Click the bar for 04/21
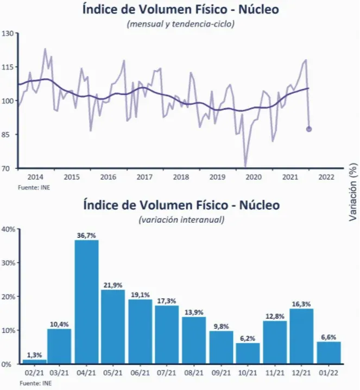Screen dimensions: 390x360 [86, 301]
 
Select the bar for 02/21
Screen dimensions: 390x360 [34, 361]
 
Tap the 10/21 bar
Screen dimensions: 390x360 [248, 353]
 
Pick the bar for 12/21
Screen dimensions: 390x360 [301, 336]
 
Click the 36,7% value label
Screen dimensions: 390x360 [86, 235]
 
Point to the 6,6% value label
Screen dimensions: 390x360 [329, 337]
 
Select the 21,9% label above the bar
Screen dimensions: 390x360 [113, 285]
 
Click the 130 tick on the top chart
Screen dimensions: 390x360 [8, 34]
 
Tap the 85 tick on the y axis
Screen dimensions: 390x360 [9, 135]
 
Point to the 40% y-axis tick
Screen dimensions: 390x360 [8, 229]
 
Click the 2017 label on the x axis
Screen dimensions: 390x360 [144, 177]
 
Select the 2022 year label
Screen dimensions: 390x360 [326, 177]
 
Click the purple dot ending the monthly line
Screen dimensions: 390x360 [309, 129]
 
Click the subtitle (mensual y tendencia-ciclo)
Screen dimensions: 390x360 [180, 24]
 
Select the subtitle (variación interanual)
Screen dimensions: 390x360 [181, 220]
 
